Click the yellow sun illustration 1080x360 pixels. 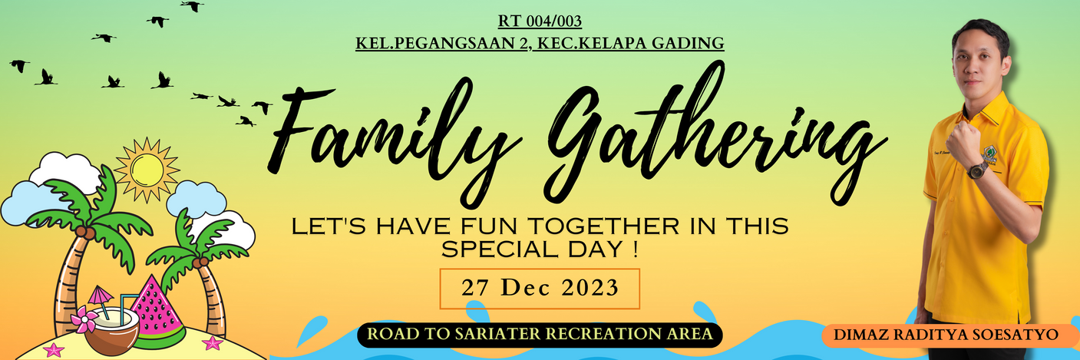pyautogui.click(x=147, y=170)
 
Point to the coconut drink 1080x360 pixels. pyautogui.click(x=112, y=331)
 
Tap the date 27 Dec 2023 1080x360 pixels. pyautogui.click(x=540, y=288)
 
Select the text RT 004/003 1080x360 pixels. pyautogui.click(x=540, y=21)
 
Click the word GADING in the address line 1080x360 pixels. pyautogui.click(x=688, y=44)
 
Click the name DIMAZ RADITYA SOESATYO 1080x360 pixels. pyautogui.click(x=946, y=335)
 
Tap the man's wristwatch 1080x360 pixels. pyautogui.click(x=977, y=170)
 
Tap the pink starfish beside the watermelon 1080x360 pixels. pyautogui.click(x=212, y=343)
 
